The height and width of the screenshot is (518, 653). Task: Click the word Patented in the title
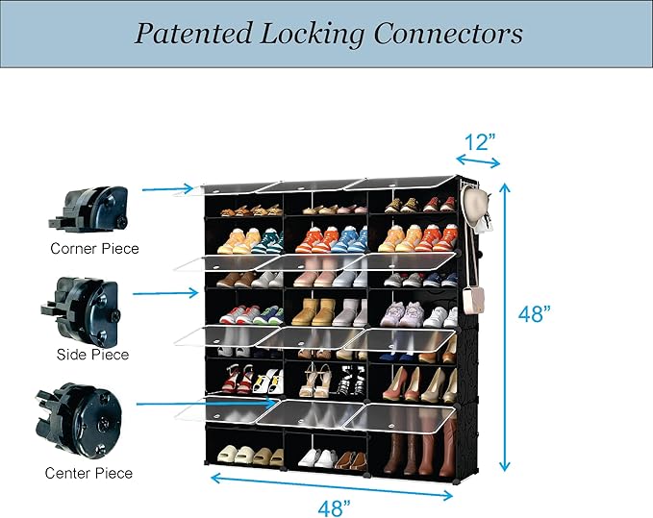coord(193,34)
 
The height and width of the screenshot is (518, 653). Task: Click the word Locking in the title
coord(313,35)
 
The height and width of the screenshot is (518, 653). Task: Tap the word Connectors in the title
coord(448,34)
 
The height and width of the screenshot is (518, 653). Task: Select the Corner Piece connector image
coord(88,208)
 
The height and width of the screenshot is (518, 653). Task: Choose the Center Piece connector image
coord(79,421)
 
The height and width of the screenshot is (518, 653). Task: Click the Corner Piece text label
coord(94,248)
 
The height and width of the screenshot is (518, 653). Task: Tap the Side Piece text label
coord(93,355)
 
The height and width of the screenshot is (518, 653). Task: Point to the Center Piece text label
coord(88,473)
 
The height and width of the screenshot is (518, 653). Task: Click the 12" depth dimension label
coord(479,142)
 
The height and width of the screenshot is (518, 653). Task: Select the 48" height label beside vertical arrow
coord(535,313)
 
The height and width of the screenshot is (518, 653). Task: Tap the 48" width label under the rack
coord(335,507)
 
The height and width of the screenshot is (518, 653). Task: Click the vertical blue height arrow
coord(505,328)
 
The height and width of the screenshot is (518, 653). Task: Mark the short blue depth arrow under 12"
coord(478,161)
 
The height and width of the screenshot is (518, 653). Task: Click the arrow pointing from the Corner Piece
coord(168,189)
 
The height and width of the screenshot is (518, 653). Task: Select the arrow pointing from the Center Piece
coord(208,404)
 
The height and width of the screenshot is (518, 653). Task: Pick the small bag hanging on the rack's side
coord(474,301)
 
